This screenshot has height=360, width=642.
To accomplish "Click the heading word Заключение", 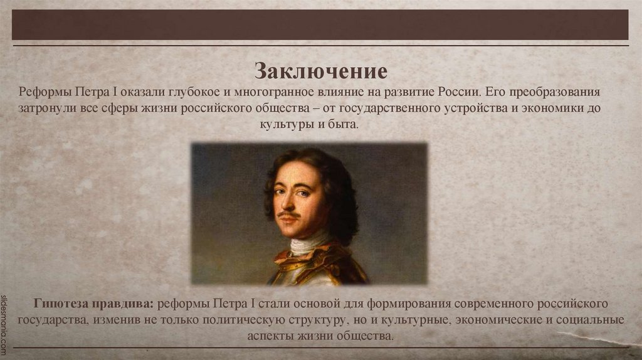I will pyautogui.click(x=320, y=70).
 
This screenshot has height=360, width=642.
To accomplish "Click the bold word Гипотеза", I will pyautogui.click(x=59, y=304).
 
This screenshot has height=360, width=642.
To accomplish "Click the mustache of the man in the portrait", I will pyautogui.click(x=290, y=215).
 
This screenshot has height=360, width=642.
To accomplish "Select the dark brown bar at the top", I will pyautogui.click(x=320, y=25).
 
